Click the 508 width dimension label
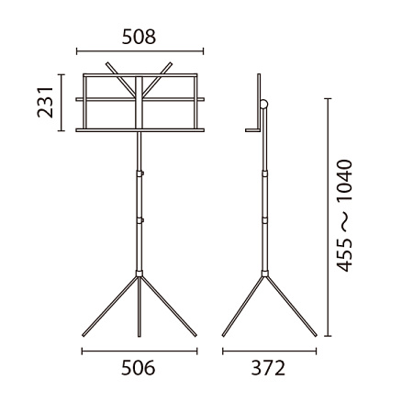139,37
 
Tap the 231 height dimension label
45,102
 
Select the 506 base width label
139,368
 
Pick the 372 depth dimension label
268,368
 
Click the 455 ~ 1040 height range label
345,216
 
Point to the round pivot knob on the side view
263,105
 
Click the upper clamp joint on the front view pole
140,173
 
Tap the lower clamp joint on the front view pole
140,220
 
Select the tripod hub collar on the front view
140,273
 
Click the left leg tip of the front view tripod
84,335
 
